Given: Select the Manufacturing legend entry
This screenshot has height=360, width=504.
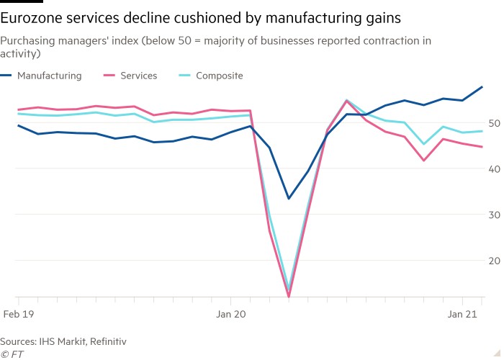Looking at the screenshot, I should (49, 76).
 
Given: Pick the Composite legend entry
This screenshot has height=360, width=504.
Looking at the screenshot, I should (219, 76).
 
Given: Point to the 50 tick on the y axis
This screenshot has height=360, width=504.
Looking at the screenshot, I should (495, 123).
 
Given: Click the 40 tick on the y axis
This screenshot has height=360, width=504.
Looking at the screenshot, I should (495, 168).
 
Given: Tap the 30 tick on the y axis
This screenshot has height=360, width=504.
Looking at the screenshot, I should (495, 215).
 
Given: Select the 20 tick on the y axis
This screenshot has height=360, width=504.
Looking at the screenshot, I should (495, 261).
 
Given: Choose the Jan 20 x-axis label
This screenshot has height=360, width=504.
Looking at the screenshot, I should (230, 314).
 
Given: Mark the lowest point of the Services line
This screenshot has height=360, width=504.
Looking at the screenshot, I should (289, 297).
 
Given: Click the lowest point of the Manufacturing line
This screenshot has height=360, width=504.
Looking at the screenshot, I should (289, 199).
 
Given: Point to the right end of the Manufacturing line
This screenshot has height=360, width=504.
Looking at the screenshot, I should (482, 87).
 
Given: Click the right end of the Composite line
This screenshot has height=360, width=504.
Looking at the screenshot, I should (482, 131).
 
